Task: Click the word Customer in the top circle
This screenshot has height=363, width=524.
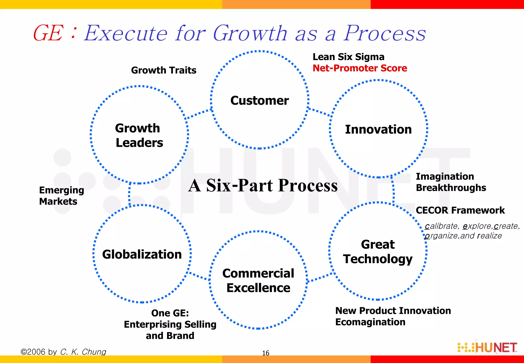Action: click(x=259, y=100)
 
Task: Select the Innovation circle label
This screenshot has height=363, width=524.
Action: click(x=378, y=129)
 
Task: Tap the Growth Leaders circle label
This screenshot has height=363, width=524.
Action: click(x=139, y=135)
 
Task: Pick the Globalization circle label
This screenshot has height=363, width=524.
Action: click(x=142, y=254)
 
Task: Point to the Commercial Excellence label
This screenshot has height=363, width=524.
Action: click(x=258, y=281)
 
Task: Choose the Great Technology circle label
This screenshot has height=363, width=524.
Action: click(x=378, y=252)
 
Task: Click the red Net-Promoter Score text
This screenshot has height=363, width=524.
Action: click(x=360, y=68)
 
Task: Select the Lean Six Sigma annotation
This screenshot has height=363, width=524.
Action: click(x=348, y=57)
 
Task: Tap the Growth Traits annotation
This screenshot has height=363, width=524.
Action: click(x=164, y=70)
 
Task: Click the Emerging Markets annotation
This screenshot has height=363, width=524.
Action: click(x=61, y=196)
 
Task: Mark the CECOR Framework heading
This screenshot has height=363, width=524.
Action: click(x=460, y=210)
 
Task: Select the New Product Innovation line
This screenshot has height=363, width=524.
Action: click(x=393, y=311)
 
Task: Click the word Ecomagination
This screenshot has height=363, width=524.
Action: click(x=370, y=322)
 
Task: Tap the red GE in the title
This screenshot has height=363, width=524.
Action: click(x=48, y=33)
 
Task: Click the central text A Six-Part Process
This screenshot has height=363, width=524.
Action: click(x=263, y=185)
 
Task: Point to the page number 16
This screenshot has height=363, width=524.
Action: click(x=266, y=353)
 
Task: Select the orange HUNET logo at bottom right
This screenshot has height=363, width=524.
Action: click(x=487, y=348)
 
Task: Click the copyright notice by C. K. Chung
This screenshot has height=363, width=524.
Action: click(x=63, y=352)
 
